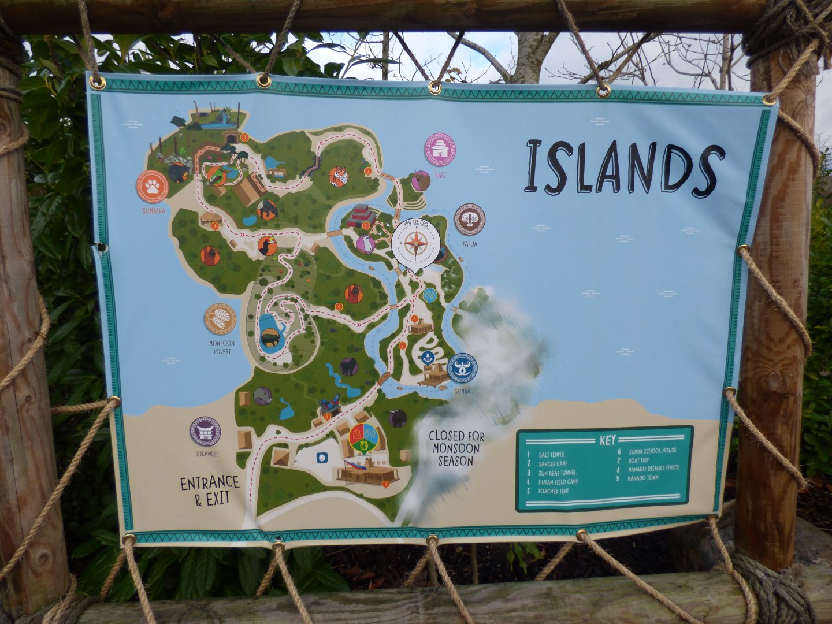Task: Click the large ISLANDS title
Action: [x=624, y=166]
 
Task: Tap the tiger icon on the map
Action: [x=339, y=176]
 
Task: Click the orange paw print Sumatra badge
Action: [x=152, y=187]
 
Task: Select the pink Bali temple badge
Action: [x=440, y=149]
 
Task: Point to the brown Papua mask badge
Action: [x=469, y=219]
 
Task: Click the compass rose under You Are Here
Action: [x=415, y=243]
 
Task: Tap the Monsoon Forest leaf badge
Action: [x=220, y=319]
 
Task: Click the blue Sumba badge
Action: [x=462, y=368]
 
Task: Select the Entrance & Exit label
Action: [x=209, y=490]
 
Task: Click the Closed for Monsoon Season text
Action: [x=456, y=448]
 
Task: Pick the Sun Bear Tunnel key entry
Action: [x=558, y=473]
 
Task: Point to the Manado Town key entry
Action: [x=640, y=477]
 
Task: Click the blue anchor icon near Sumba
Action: [x=428, y=357]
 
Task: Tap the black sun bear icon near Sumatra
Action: [x=178, y=172]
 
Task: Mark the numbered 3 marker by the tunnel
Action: [x=244, y=137]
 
